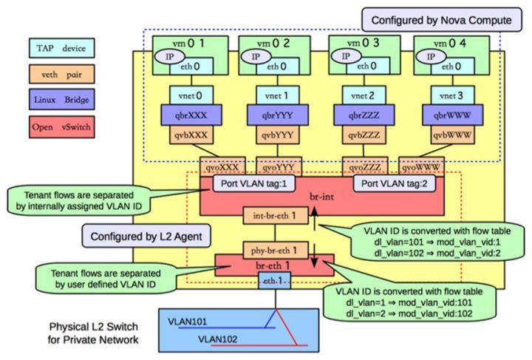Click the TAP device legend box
pos(61,49)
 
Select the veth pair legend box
pos(61,73)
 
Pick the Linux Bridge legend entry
pos(61,98)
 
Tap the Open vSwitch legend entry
pos(61,126)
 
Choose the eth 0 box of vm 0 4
pos(444,66)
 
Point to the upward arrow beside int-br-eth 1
pos(313,217)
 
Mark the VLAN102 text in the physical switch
pos(220,339)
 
